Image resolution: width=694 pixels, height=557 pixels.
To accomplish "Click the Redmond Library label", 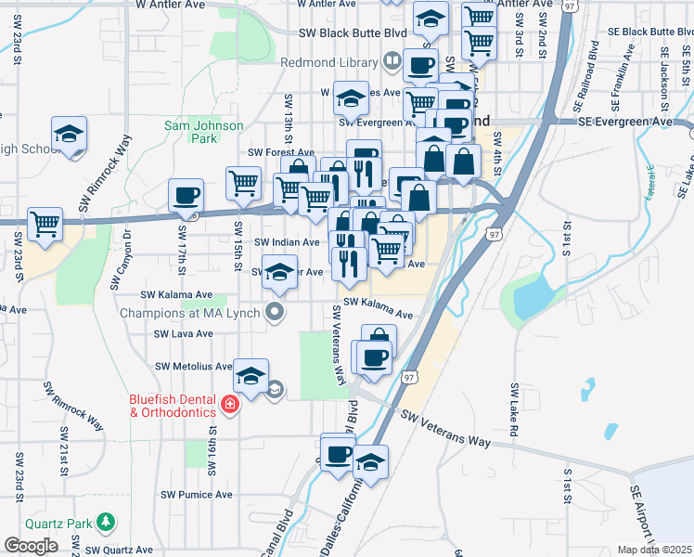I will point(328,62).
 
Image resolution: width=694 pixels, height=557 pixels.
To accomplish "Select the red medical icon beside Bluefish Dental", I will point(228,406).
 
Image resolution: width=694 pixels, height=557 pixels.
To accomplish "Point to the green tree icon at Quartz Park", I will point(108,522).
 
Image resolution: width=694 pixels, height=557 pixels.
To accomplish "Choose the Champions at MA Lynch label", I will point(191,312).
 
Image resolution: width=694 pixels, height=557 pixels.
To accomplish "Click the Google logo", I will point(31,546).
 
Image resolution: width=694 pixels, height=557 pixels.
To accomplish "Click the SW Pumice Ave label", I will point(197,495).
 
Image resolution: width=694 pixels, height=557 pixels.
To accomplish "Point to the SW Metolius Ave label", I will point(193,367).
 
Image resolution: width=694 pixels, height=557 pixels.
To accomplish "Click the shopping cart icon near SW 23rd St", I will point(45,224).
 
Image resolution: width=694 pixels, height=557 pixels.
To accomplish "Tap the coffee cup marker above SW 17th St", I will point(186,195).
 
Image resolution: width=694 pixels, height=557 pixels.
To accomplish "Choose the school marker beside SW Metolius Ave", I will point(251,376).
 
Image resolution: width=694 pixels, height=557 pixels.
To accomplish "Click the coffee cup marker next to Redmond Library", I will point(419,66).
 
